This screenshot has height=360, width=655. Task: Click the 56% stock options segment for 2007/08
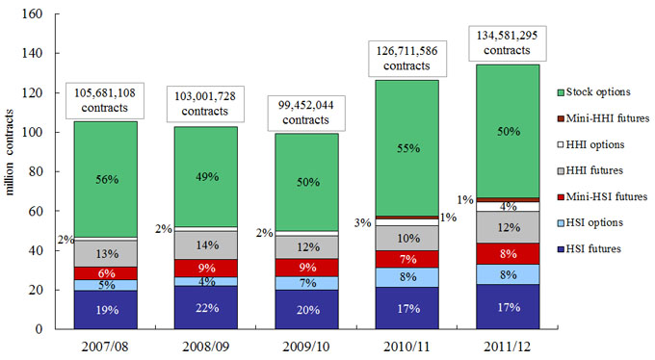[106, 179]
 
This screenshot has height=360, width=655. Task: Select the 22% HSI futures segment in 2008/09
[206, 307]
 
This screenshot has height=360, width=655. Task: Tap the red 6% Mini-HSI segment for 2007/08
[106, 273]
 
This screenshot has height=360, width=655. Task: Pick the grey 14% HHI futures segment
[206, 245]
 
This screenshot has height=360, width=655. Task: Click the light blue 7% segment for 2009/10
[306, 283]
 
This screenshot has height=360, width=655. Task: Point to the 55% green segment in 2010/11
[407, 148]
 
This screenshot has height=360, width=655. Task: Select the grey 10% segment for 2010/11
[407, 238]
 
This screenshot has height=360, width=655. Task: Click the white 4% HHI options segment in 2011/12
[508, 206]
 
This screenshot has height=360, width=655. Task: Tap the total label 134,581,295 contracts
[507, 43]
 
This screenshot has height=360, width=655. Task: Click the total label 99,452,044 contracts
[306, 113]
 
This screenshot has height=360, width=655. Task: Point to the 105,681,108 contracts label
[105, 100]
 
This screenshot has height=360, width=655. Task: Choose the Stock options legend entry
[593, 91]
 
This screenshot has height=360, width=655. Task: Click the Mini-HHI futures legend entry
[603, 118]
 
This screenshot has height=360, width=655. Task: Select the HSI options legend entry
[590, 222]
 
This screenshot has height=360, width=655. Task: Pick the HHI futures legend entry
[590, 170]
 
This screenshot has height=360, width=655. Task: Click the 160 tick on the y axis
[32, 13]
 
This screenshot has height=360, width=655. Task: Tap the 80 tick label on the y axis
[36, 171]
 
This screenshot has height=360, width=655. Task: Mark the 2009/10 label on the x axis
[306, 347]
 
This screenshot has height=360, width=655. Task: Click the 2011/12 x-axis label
[508, 347]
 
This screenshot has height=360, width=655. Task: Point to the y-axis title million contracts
[10, 152]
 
